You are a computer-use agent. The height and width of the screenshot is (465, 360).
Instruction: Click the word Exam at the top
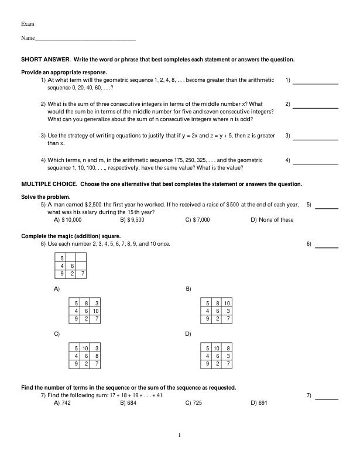[x=28, y=24]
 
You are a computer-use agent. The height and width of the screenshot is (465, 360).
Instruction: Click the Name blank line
[x=85, y=39]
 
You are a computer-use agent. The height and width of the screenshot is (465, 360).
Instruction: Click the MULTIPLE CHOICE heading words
[x=49, y=184]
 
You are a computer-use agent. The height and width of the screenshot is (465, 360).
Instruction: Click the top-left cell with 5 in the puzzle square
[x=61, y=257]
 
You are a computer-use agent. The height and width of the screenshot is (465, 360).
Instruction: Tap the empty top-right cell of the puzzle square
[x=83, y=257]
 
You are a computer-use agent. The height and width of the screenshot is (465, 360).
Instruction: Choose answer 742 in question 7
[x=66, y=404]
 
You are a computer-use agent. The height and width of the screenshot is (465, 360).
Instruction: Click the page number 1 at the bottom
[x=180, y=435]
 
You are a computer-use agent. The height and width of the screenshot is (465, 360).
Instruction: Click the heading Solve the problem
[x=46, y=197]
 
